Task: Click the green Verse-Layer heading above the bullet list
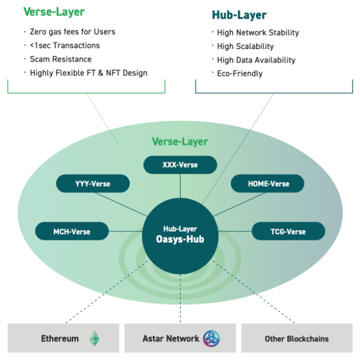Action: click(x=54, y=12)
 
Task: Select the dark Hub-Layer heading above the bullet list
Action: click(x=239, y=15)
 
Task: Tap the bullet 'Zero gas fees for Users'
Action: click(x=72, y=32)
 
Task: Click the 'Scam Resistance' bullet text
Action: click(x=60, y=59)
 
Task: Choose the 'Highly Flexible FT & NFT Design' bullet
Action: click(x=89, y=73)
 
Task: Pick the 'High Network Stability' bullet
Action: click(x=258, y=33)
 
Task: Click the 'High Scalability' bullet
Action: click(x=245, y=47)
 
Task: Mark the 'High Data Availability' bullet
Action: click(x=256, y=60)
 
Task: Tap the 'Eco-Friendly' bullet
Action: click(x=239, y=74)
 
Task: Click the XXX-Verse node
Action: click(x=180, y=165)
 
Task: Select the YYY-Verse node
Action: click(x=92, y=184)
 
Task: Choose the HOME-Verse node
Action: click(x=269, y=184)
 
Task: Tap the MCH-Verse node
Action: click(x=72, y=231)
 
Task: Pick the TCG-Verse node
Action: click(x=288, y=231)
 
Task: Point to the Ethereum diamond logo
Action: click(x=94, y=339)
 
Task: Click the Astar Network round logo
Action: click(x=212, y=339)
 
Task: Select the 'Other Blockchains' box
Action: click(x=297, y=339)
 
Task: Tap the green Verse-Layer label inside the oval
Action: click(x=179, y=142)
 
